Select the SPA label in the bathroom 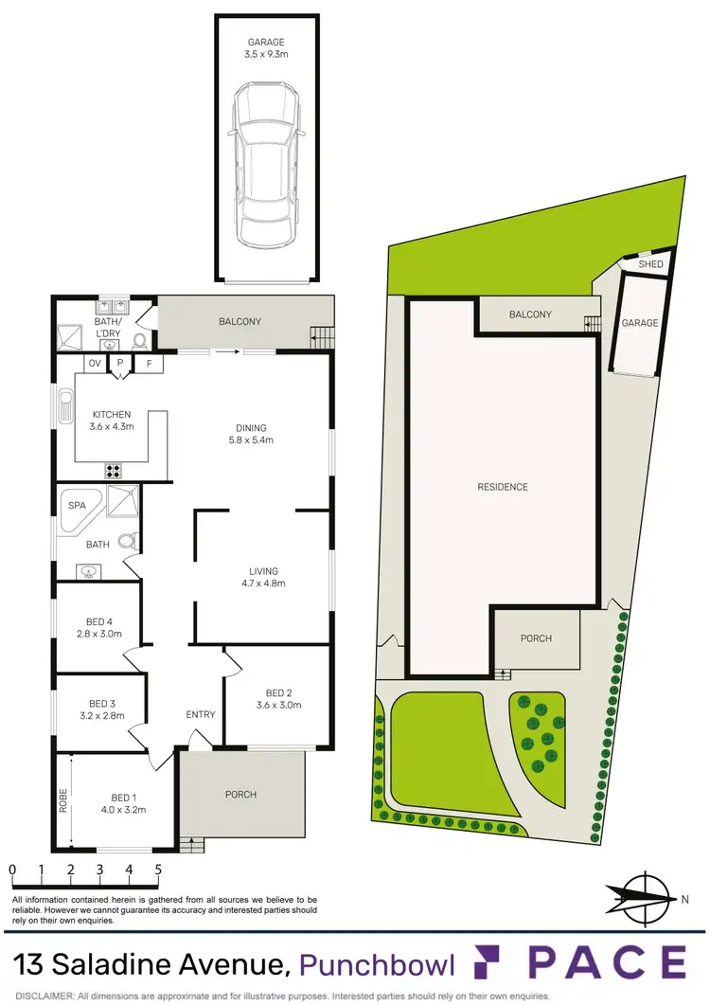[x=75, y=507]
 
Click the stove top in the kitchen [x=113, y=470]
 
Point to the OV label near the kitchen [x=95, y=364]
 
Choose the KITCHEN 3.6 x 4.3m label [x=112, y=421]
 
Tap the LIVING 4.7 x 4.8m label [x=263, y=577]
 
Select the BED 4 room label [x=99, y=628]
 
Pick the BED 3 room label [x=101, y=709]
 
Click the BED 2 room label [x=277, y=698]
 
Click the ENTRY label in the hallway [x=201, y=714]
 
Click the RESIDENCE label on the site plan [x=503, y=487]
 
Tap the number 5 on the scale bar [x=158, y=869]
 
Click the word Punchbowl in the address [x=378, y=964]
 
